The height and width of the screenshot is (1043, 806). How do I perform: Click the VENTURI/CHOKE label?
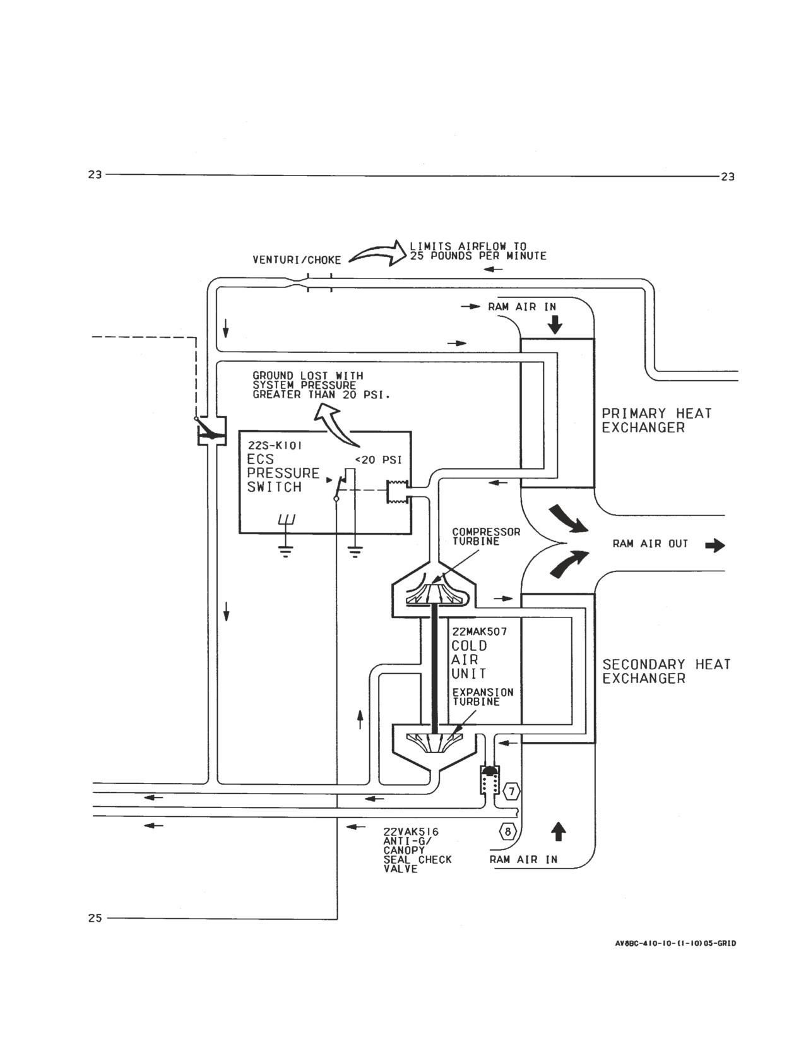pyautogui.click(x=297, y=260)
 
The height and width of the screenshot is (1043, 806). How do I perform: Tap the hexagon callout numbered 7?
pyautogui.click(x=512, y=791)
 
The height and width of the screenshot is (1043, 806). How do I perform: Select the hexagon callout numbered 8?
pyautogui.click(x=508, y=831)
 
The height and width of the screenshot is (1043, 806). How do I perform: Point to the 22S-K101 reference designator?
pyautogui.click(x=275, y=446)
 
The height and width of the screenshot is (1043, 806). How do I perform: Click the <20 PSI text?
pyautogui.click(x=378, y=460)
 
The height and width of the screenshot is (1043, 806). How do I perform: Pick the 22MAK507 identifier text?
pyautogui.click(x=479, y=631)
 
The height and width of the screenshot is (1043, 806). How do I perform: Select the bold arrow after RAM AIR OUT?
pyautogui.click(x=715, y=545)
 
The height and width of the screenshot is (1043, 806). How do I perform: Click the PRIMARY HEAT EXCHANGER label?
pyautogui.click(x=656, y=420)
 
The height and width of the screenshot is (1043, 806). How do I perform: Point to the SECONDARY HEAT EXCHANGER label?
pyautogui.click(x=667, y=672)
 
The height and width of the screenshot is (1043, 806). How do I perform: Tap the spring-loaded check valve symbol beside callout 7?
pyautogui.click(x=489, y=780)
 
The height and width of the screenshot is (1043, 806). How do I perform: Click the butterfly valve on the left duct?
pyautogui.click(x=211, y=431)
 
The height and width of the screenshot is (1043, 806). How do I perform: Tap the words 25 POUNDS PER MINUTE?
pyautogui.click(x=478, y=256)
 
